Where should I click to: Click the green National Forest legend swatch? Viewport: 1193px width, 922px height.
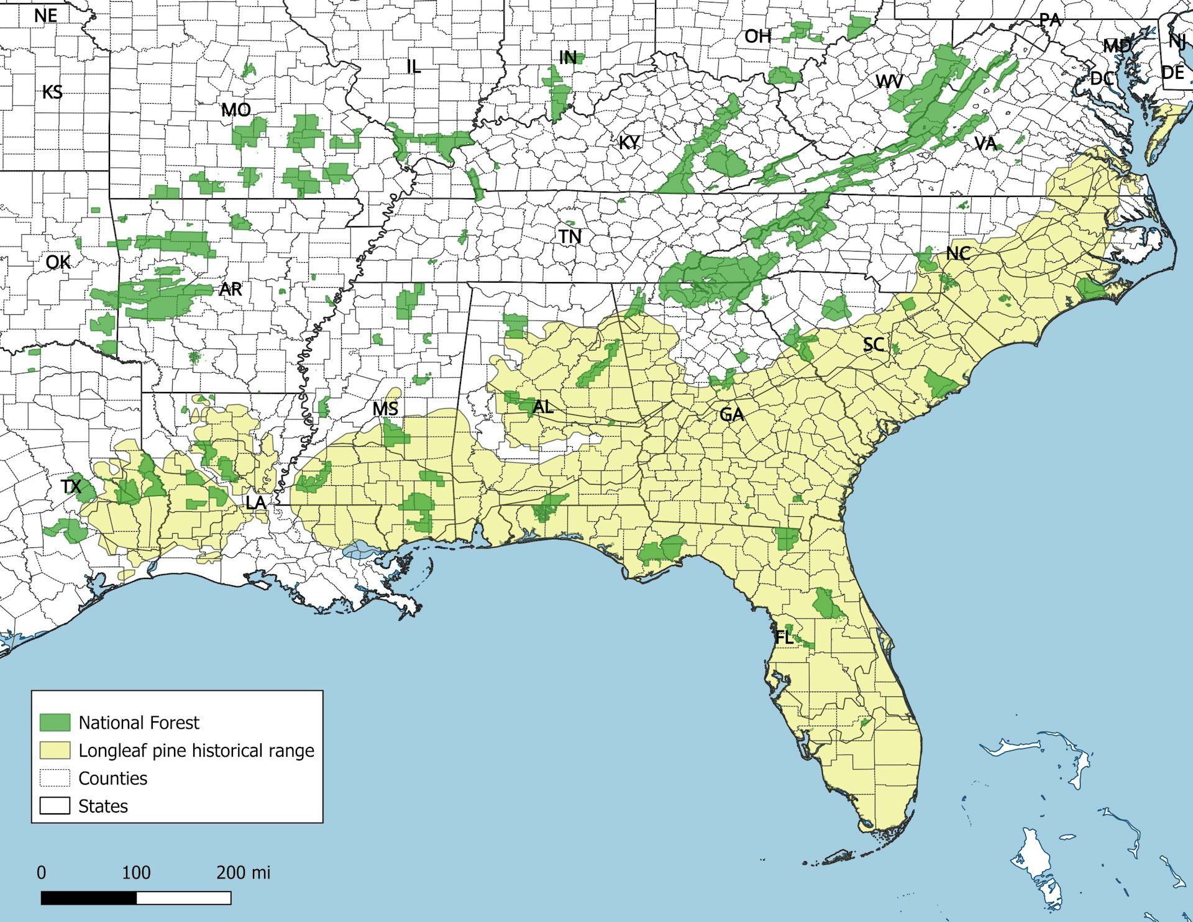point(55,722)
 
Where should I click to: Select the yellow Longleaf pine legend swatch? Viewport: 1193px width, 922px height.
point(55,750)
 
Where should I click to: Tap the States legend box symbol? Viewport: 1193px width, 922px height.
point(55,806)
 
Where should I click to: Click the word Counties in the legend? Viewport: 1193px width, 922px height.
point(112,778)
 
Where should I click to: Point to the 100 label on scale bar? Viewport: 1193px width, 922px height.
point(136,872)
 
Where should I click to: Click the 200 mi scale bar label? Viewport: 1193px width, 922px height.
point(243,872)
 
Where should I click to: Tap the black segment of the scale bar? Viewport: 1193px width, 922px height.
point(89,898)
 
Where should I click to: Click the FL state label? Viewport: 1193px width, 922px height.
point(784,637)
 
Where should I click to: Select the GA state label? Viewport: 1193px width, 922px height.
point(731,414)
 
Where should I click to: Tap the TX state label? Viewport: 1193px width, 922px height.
point(71,486)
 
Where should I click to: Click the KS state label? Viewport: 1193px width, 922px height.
point(52,93)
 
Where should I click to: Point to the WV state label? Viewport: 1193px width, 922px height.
point(889,81)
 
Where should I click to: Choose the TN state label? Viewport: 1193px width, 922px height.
point(569,237)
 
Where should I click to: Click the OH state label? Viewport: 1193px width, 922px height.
point(757,37)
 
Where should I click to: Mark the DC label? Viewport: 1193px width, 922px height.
point(1102,79)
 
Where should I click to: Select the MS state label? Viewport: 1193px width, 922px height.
point(385,409)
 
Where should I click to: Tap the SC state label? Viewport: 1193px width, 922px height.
point(874,345)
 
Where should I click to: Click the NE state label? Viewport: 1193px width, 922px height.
point(45,16)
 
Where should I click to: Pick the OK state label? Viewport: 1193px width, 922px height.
point(58,262)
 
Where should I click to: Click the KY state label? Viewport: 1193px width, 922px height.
point(629,142)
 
